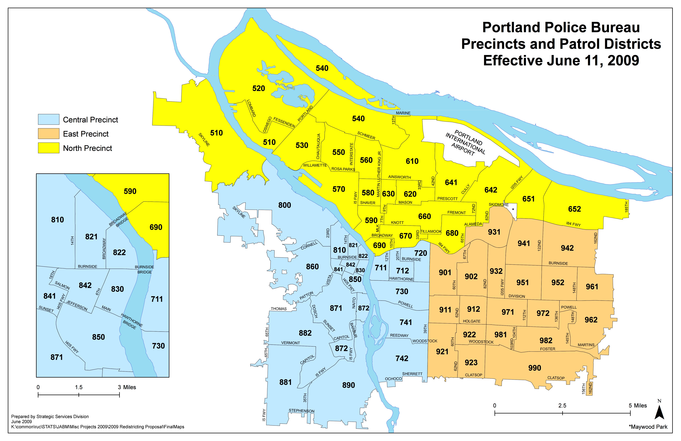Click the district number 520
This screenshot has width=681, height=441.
(x=258, y=88)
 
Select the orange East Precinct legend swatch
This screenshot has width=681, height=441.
(x=49, y=134)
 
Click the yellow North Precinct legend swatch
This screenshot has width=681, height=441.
(x=49, y=148)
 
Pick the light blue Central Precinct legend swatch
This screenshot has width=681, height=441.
(x=49, y=119)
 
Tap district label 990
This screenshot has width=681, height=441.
(x=535, y=368)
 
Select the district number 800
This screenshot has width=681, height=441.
(x=284, y=205)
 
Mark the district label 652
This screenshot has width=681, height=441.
(x=574, y=209)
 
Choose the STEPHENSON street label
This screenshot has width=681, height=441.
(x=301, y=411)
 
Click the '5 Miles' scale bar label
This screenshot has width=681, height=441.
(x=638, y=405)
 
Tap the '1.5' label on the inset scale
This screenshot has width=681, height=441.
(x=79, y=387)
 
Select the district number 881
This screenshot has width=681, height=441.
(x=285, y=382)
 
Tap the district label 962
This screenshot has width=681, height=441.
(x=591, y=320)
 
